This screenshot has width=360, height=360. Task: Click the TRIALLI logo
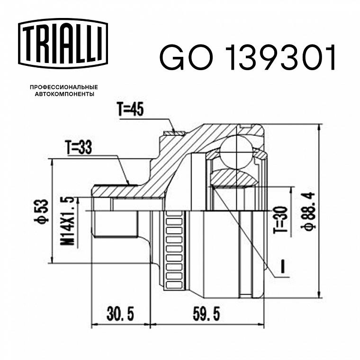click(x=63, y=44)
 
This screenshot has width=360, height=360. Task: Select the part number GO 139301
click(x=248, y=57)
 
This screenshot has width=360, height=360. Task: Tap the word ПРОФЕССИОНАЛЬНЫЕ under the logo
click(x=64, y=87)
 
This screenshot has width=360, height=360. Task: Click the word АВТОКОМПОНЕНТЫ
click(x=64, y=94)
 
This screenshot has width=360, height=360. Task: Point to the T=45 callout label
click(x=130, y=109)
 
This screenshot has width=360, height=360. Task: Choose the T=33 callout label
click(x=79, y=147)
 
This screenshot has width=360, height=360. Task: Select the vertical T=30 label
click(x=280, y=219)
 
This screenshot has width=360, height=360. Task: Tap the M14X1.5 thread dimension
click(x=67, y=221)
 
